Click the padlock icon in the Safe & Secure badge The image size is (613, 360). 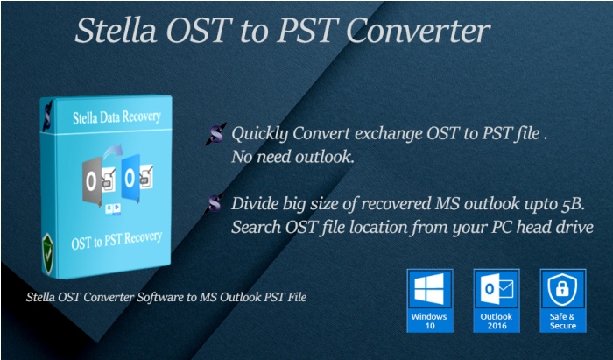tap(562, 289)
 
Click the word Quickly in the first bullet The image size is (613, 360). tap(260, 136)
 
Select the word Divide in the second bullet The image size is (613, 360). tap(255, 205)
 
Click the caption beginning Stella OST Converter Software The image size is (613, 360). tap(166, 297)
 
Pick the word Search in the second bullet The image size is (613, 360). tap(256, 227)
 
